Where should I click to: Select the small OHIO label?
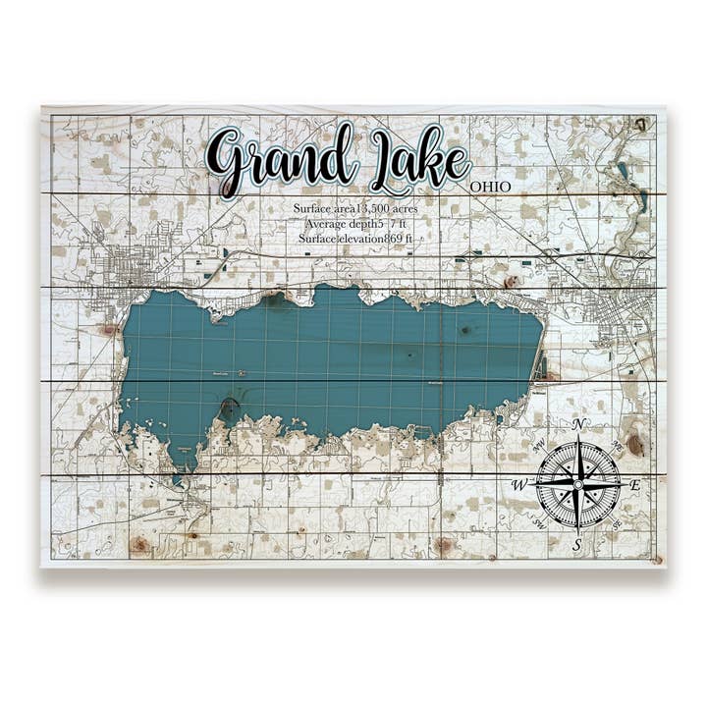point(490,187)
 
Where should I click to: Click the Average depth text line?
point(354,224)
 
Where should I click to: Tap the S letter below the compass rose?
point(577,544)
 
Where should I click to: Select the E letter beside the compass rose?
point(635,484)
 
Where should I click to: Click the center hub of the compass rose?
point(578,483)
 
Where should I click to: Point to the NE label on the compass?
point(615,446)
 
